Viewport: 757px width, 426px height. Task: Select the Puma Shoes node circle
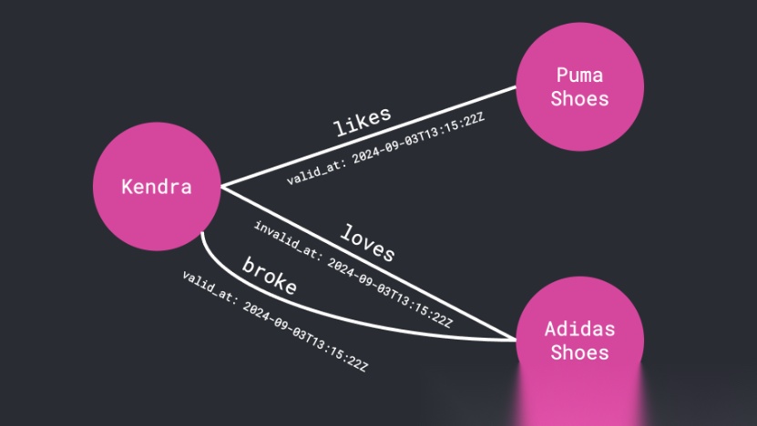click(579, 87)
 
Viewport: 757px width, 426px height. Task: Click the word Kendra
click(157, 188)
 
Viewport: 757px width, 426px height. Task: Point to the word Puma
click(579, 75)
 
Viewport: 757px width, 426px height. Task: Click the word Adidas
click(579, 329)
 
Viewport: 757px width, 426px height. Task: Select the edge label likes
click(362, 122)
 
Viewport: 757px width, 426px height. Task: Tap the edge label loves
click(367, 242)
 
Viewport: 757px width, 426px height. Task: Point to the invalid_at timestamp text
click(353, 273)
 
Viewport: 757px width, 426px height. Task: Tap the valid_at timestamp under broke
click(274, 322)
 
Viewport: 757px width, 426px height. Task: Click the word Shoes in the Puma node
click(579, 98)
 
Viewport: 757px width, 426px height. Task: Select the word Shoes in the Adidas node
click(579, 351)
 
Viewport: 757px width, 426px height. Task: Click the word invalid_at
click(285, 239)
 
